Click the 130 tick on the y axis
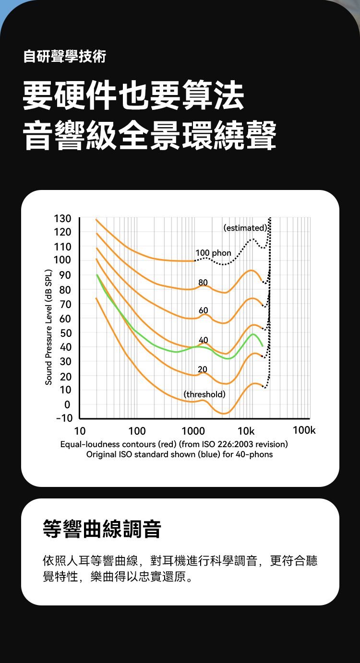[63, 219]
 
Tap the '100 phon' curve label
[213, 253]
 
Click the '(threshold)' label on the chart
[204, 394]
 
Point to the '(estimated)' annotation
[245, 228]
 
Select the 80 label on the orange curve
[203, 282]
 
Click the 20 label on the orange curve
[203, 369]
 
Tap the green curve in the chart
[163, 350]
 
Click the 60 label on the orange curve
[204, 311]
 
